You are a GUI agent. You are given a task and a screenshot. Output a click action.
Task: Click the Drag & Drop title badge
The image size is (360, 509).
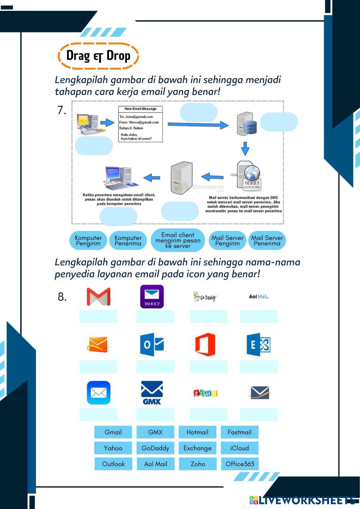98,56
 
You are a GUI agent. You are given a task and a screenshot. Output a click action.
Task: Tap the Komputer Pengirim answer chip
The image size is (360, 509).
88,240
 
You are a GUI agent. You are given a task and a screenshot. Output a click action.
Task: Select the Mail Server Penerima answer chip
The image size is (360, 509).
267,240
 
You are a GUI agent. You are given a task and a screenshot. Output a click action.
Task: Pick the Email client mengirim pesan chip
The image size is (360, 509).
178,240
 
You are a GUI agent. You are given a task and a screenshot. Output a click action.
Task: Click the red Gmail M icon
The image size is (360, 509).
98,297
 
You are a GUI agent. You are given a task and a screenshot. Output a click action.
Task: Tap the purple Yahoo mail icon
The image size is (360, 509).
152,297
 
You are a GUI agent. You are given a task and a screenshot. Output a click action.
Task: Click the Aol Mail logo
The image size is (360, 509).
258,297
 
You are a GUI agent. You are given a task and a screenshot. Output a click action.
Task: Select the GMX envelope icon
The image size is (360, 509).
152,393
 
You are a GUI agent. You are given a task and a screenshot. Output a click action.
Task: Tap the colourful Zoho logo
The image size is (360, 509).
205,393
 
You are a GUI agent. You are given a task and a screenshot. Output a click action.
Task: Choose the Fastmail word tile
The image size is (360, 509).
239,432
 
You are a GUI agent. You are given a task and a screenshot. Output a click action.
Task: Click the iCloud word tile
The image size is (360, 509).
239,448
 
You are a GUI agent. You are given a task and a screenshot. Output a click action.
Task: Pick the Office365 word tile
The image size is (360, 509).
240,464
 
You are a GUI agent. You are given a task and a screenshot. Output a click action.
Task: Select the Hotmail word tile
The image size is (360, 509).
197,432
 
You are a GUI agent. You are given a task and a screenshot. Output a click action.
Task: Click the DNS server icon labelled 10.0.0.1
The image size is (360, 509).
249,176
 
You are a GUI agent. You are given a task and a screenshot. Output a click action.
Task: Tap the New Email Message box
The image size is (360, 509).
140,124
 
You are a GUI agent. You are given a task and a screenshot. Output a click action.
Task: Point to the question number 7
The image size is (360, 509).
62,110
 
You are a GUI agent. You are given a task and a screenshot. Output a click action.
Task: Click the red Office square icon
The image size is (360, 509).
205,344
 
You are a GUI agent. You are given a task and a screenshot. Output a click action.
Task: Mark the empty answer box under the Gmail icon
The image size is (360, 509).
98,316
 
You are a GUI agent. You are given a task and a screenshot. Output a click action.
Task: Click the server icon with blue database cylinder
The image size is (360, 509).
247,124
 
